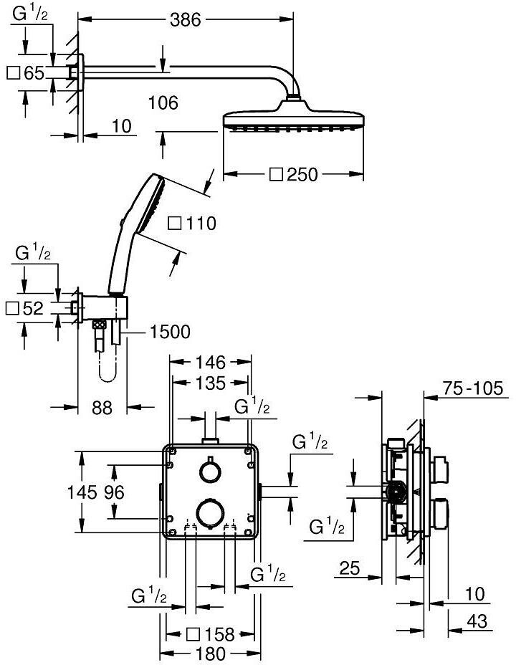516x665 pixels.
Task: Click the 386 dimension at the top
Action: coord(186,19)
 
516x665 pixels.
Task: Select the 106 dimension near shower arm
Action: coord(163,102)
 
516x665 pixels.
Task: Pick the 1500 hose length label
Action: coord(171,332)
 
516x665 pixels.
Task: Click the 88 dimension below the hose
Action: coord(102,408)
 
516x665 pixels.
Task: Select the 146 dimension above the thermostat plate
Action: coord(211,362)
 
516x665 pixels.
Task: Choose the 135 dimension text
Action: coord(211,383)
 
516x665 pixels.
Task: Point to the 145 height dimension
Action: coord(82,492)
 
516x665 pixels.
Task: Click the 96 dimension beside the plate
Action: coord(115,492)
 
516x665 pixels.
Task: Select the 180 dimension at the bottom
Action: coord(211,654)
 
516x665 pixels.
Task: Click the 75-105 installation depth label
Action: coord(473,388)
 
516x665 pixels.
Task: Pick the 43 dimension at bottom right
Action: coord(477,621)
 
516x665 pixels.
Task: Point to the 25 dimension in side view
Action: coord(350,568)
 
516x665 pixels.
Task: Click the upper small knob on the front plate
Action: coord(210,472)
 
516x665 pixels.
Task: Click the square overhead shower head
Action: coord(293,115)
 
